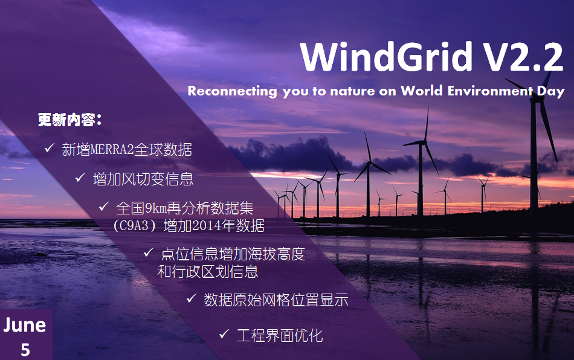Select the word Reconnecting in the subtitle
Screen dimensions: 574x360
click(233, 91)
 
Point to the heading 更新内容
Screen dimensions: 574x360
click(69, 120)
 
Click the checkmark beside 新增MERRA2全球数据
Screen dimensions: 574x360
click(50, 148)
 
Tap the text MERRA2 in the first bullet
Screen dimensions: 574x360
click(112, 150)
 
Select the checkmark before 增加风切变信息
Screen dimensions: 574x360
click(80, 178)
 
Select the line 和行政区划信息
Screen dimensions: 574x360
click(208, 271)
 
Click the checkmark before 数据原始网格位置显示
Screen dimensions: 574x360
click(192, 298)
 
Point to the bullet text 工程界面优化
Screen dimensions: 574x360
click(280, 335)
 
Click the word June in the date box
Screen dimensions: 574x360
click(25, 325)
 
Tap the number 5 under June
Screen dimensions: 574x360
click(25, 350)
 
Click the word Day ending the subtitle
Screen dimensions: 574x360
click(551, 91)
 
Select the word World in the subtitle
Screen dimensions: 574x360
click(422, 91)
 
